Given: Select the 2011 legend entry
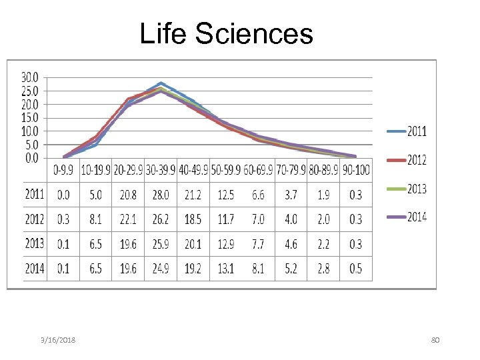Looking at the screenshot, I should click(x=417, y=131).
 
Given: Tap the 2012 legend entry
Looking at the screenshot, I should click(x=417, y=159).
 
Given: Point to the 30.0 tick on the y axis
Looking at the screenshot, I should click(x=30, y=77).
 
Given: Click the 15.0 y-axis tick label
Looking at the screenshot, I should click(x=30, y=117).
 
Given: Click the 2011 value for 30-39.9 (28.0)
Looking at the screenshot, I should click(x=161, y=195).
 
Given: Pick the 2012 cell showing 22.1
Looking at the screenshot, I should click(x=128, y=219).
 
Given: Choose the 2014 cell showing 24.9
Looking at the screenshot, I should click(x=161, y=268).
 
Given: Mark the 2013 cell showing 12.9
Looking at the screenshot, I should click(x=226, y=244).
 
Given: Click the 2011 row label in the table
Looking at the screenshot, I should click(x=35, y=195).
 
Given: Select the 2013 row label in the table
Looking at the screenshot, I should click(x=35, y=244).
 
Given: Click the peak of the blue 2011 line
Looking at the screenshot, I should click(x=161, y=83).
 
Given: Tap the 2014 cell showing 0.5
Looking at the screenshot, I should click(x=356, y=268).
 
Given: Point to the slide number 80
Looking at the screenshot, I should click(x=435, y=341).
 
